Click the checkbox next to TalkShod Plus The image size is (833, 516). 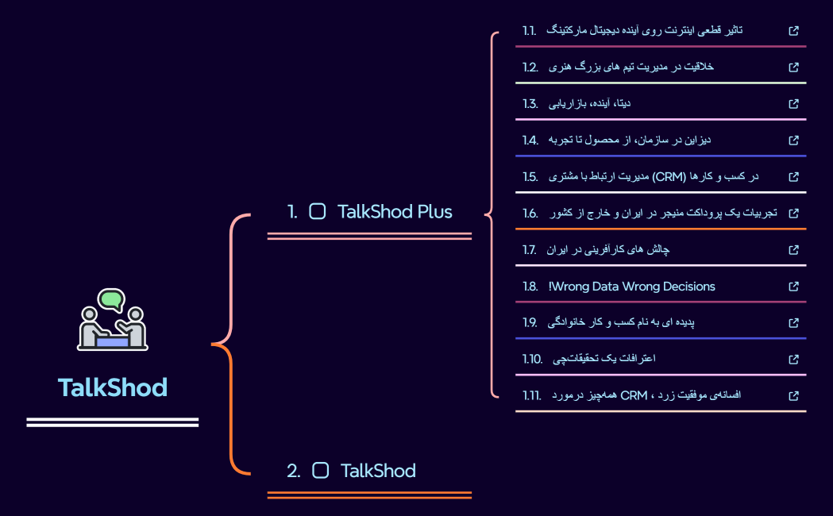(318, 211)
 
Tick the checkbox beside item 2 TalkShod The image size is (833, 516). (321, 471)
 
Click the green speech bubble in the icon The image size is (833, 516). (112, 300)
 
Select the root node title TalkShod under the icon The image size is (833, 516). (113, 388)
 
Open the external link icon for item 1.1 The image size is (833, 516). (793, 31)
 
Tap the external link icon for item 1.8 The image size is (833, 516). (793, 287)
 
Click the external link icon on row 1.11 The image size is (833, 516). (793, 395)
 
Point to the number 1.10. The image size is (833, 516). (532, 359)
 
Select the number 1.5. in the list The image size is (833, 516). (530, 176)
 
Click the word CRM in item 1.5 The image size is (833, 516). (669, 176)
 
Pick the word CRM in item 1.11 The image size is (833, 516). (634, 395)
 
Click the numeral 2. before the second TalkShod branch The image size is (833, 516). (294, 471)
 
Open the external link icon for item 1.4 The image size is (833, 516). (793, 140)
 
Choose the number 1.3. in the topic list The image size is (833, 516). (530, 104)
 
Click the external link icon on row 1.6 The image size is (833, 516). (793, 213)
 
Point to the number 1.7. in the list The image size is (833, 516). (530, 250)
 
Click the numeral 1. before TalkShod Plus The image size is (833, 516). (293, 211)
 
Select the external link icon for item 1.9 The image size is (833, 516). (793, 323)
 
